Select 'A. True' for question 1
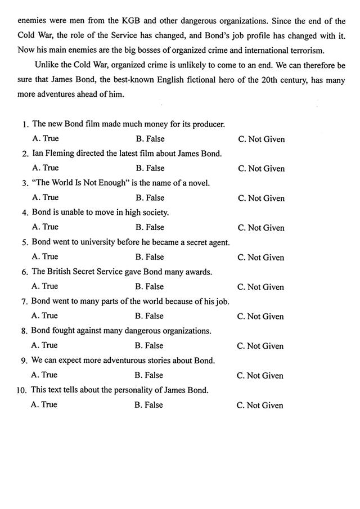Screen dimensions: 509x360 (x=46, y=138)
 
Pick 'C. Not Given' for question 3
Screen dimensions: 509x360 (x=261, y=198)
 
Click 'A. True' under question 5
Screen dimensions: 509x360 (x=45, y=256)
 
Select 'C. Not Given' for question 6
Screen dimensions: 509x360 (x=261, y=287)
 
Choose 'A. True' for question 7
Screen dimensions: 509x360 (x=44, y=316)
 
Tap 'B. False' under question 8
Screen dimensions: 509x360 (x=149, y=345)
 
